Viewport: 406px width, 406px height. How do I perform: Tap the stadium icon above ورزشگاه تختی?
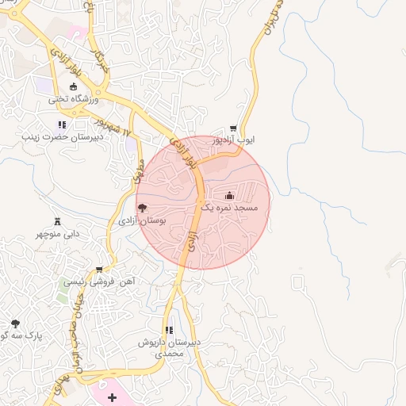pos(73,86)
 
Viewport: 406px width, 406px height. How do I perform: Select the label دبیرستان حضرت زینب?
pos(63,136)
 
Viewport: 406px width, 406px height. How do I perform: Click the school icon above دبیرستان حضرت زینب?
pos(62,124)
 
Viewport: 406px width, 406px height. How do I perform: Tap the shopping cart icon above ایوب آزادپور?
pos(232,128)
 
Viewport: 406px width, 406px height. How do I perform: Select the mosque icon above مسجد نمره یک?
pos(229,195)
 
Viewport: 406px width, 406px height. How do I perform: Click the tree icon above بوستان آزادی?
pos(142,208)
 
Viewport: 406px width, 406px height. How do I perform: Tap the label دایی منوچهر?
pos(58,235)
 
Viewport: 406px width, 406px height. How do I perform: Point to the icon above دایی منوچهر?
pos(57,221)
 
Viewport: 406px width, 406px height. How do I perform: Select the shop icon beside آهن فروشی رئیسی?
pos(99,270)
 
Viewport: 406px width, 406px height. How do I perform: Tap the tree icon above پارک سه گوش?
pos(15,324)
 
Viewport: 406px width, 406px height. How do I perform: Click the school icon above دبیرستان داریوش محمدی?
pos(168,330)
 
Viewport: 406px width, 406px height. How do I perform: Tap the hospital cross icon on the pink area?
pos(112,396)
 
